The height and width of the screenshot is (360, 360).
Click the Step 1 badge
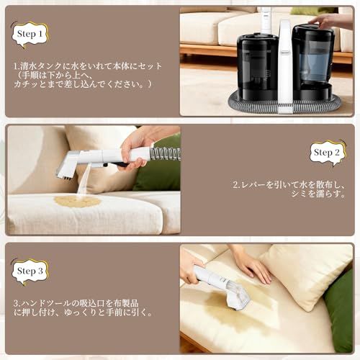click(x=30, y=32)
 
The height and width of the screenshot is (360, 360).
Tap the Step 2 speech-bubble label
click(x=328, y=152)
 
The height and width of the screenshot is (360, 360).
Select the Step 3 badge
click(x=30, y=271)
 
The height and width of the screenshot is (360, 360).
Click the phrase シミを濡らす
click(x=312, y=194)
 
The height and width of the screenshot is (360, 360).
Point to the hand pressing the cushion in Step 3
click(x=248, y=264)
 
